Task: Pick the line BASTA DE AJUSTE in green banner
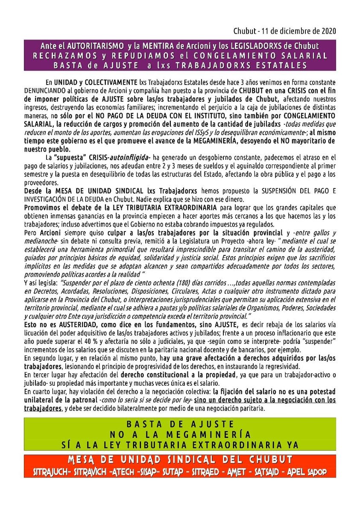click(180, 424)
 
